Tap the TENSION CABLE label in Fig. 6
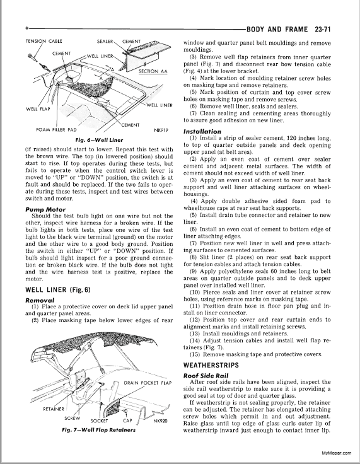point(44,41)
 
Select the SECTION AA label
point(153,71)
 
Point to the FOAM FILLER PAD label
point(56,130)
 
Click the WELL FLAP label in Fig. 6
point(38,109)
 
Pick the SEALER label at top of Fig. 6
point(105,41)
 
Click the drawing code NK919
point(161,129)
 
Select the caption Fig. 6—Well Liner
point(99,140)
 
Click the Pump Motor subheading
point(45,209)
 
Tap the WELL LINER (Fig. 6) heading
point(58,290)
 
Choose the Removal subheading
point(40,300)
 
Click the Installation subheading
point(202,131)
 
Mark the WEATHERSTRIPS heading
point(211,365)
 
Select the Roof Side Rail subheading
point(204,376)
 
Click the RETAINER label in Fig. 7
point(54,409)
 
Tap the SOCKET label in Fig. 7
point(99,420)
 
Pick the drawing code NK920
point(161,421)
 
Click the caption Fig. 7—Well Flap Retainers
point(99,430)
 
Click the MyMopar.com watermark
point(336,453)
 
